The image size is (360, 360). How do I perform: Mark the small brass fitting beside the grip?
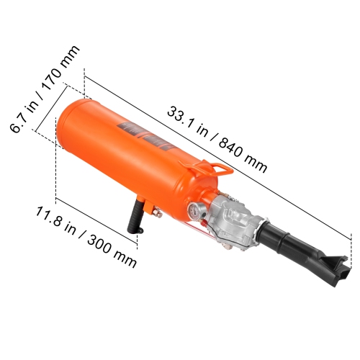point(154,212)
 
